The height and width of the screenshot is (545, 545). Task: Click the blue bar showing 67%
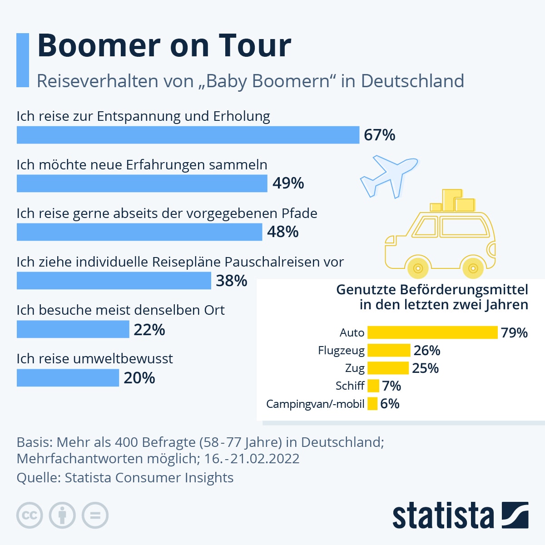click(188, 135)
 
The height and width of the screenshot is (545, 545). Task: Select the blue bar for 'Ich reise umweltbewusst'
click(68, 378)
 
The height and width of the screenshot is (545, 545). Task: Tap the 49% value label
click(288, 183)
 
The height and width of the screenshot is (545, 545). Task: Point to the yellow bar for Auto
click(432, 332)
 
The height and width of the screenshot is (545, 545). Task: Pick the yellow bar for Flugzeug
click(388, 350)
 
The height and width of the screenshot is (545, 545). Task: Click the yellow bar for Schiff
click(373, 386)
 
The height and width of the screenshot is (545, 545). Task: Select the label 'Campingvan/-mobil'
click(315, 404)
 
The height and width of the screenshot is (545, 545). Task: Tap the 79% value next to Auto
click(514, 333)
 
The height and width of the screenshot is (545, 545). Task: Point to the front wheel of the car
click(418, 268)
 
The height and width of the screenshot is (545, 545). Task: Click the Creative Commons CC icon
click(30, 515)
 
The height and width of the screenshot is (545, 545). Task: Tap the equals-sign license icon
click(95, 515)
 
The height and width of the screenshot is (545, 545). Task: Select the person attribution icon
click(62, 515)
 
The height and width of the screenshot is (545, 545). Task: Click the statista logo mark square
click(515, 515)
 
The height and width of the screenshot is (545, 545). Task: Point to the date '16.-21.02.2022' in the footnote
click(252, 459)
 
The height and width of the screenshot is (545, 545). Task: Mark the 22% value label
click(149, 330)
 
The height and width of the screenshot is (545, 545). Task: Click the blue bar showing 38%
click(114, 281)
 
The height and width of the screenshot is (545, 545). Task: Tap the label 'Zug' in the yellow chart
click(355, 368)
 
